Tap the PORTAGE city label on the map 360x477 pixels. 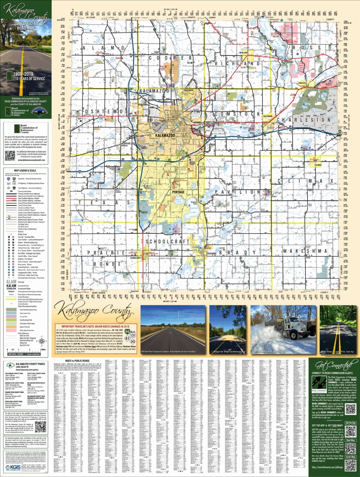click(x=178, y=192)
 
